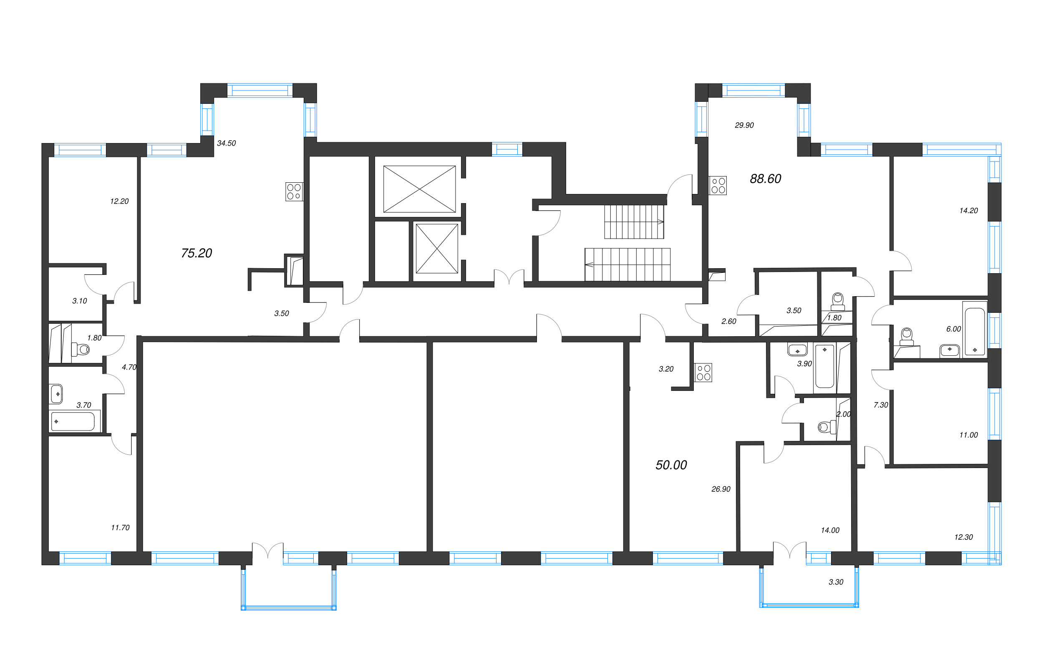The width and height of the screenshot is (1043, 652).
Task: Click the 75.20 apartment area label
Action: [196, 253]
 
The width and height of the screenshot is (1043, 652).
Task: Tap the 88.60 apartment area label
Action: [765, 179]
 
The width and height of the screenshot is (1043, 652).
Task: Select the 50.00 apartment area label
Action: [671, 465]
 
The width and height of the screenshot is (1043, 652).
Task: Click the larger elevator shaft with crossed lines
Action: [419, 189]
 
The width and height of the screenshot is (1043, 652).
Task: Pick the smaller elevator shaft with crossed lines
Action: [436, 248]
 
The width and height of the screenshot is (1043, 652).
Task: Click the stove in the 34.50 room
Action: [294, 191]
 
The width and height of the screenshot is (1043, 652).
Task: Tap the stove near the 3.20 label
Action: [703, 373]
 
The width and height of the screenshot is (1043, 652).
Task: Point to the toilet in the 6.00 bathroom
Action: [907, 337]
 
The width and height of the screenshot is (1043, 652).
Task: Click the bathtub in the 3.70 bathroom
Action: [73, 421]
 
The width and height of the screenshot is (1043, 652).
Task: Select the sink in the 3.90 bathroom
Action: [797, 349]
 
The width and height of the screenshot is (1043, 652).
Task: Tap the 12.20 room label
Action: [119, 201]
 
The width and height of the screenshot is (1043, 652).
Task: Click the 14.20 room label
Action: [968, 211]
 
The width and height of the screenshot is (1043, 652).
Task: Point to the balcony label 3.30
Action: [836, 582]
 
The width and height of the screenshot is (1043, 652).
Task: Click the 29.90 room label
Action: [744, 126]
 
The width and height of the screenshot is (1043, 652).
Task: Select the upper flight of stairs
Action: [634, 222]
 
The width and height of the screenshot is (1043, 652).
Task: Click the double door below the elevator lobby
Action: [509, 278]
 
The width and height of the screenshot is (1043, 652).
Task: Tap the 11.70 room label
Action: [120, 528]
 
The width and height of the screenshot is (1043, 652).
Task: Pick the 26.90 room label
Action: [721, 489]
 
